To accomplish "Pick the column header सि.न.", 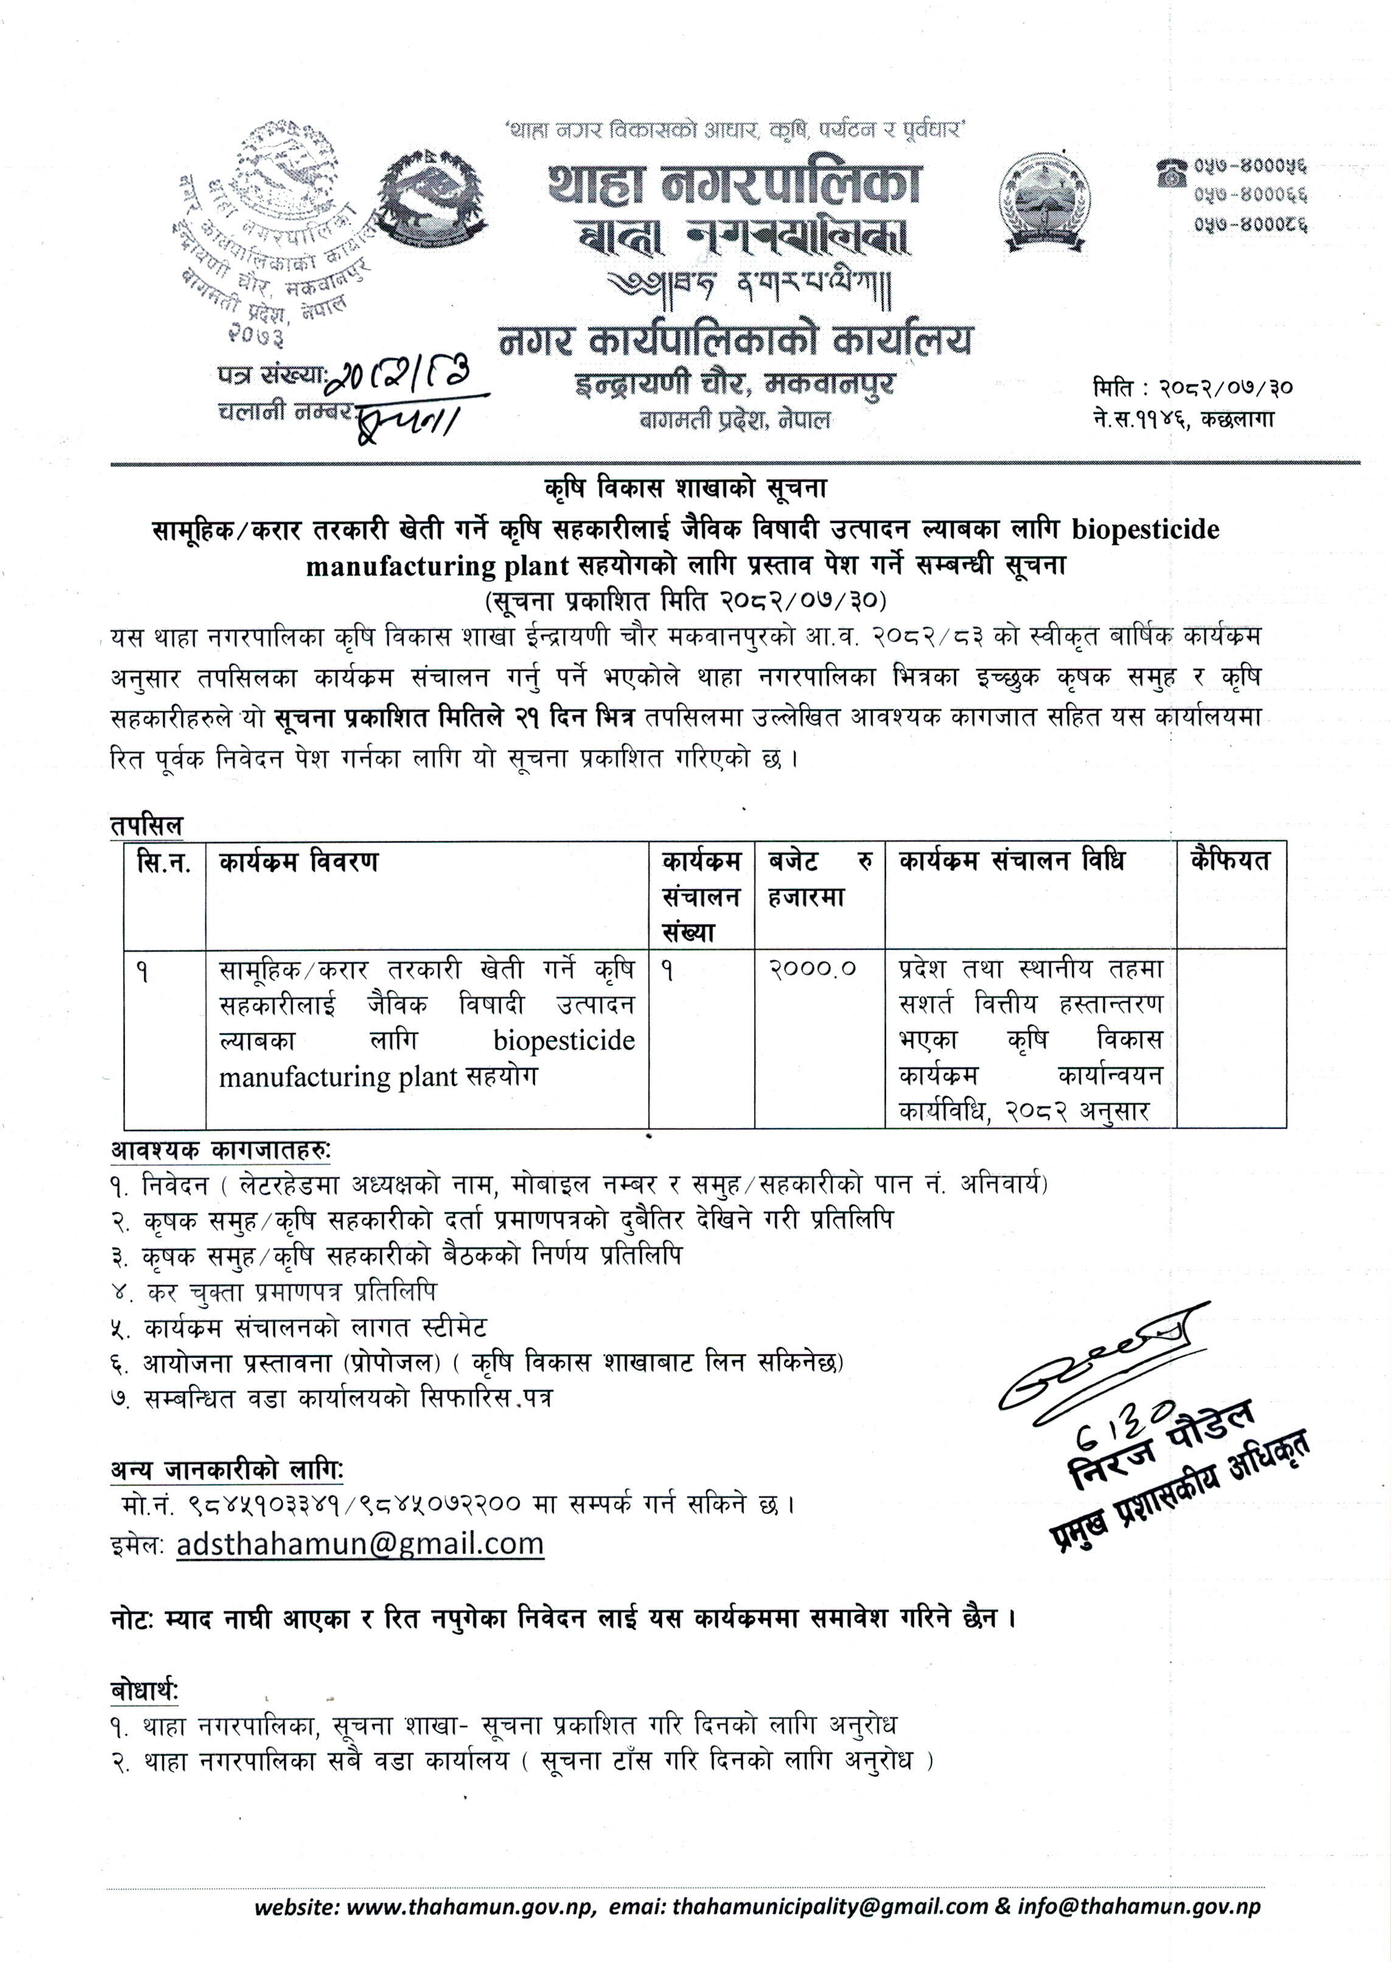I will coord(164,861).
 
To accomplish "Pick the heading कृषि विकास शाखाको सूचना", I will coord(685,489).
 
